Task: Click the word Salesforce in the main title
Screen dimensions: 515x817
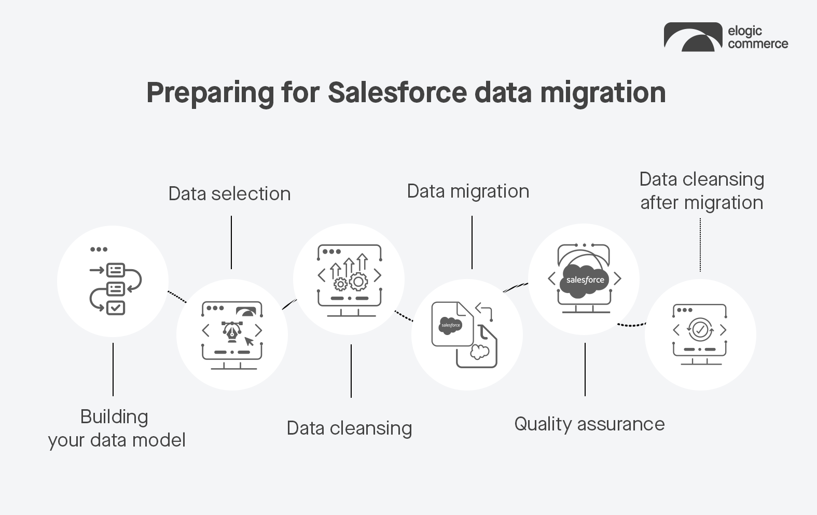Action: pyautogui.click(x=397, y=93)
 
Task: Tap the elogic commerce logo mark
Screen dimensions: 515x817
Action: pyautogui.click(x=693, y=37)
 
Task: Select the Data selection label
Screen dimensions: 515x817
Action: pyautogui.click(x=229, y=194)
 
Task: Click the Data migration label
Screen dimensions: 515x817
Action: pyautogui.click(x=468, y=191)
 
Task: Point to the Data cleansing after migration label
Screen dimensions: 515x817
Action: pyautogui.click(x=701, y=191)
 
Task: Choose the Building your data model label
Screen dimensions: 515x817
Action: pyautogui.click(x=116, y=428)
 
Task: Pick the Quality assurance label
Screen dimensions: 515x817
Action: pyautogui.click(x=589, y=424)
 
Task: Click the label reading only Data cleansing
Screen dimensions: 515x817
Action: pyautogui.click(x=349, y=428)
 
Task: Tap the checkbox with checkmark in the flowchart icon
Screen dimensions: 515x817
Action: pyautogui.click(x=115, y=308)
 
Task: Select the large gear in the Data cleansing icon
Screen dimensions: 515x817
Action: pyautogui.click(x=358, y=282)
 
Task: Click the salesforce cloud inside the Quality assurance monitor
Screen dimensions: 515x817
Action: pyautogui.click(x=585, y=280)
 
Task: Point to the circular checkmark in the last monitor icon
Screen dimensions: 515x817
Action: pyautogui.click(x=700, y=329)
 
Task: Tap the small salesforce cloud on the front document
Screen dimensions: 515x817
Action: pyautogui.click(x=450, y=325)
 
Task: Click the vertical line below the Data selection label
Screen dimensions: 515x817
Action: pyautogui.click(x=231, y=242)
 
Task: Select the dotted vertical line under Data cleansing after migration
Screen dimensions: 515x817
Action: pyautogui.click(x=700, y=245)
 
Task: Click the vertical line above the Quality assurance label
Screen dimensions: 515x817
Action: pyautogui.click(x=585, y=369)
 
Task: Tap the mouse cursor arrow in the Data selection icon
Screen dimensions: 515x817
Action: pyautogui.click(x=250, y=341)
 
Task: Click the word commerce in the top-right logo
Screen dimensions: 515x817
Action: pyautogui.click(x=757, y=44)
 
